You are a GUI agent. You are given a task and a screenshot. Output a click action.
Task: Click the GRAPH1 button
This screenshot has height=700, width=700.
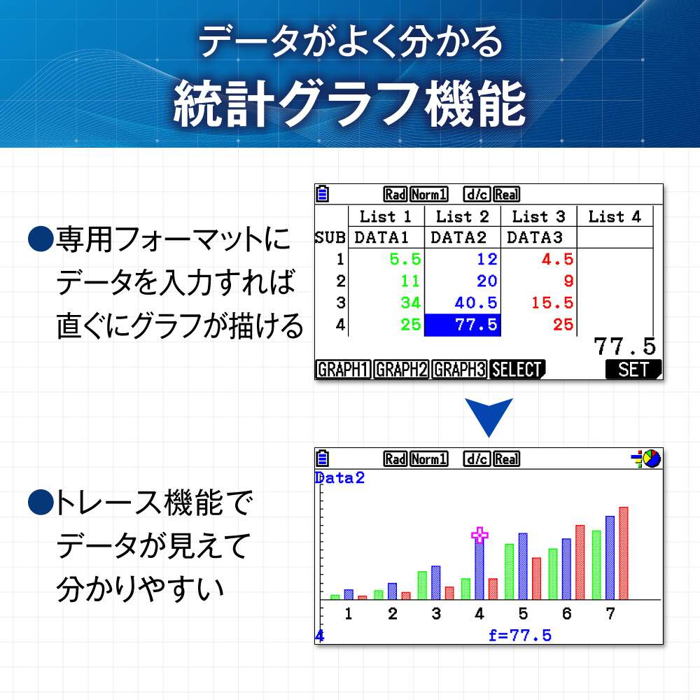coord(343,370)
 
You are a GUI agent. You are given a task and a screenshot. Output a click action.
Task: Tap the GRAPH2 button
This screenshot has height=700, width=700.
coord(401,370)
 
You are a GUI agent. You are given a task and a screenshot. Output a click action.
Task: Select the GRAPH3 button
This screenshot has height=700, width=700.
coord(459,370)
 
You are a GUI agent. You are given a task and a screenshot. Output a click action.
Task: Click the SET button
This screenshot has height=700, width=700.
coord(633,370)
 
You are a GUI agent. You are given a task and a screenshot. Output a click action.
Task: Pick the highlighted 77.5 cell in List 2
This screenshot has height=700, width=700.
coord(463,325)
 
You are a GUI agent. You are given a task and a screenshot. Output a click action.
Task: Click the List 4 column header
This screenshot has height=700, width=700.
coord(615,216)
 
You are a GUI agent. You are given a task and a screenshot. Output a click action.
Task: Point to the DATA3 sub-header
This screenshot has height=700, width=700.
coord(535,237)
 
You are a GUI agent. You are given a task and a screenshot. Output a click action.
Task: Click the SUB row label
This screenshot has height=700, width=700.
coord(330,237)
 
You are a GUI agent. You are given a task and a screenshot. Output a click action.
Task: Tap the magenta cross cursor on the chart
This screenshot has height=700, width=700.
coord(479,535)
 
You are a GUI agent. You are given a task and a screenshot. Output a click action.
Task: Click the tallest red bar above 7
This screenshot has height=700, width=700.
coord(624,553)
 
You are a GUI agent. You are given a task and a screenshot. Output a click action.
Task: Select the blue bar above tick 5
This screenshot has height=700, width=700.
coord(523,566)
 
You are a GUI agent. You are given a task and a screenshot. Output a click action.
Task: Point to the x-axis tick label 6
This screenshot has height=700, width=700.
coord(566,614)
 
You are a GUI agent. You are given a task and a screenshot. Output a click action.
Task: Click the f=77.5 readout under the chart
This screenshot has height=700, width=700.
coord(520,636)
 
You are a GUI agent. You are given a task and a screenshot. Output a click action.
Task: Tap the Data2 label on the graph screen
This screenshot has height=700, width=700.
coord(340,478)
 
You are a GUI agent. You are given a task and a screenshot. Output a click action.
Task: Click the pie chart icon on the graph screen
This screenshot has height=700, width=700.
coord(652,458)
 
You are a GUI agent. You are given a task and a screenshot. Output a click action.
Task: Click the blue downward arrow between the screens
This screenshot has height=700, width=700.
coord(489,415)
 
